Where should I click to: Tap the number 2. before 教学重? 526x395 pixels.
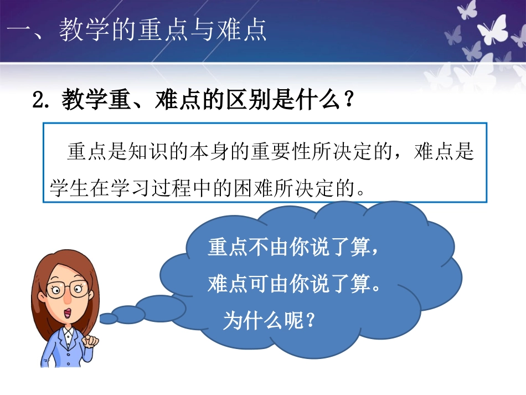45,102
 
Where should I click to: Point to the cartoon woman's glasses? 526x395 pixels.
67,288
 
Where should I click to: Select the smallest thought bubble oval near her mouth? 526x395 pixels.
108,319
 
